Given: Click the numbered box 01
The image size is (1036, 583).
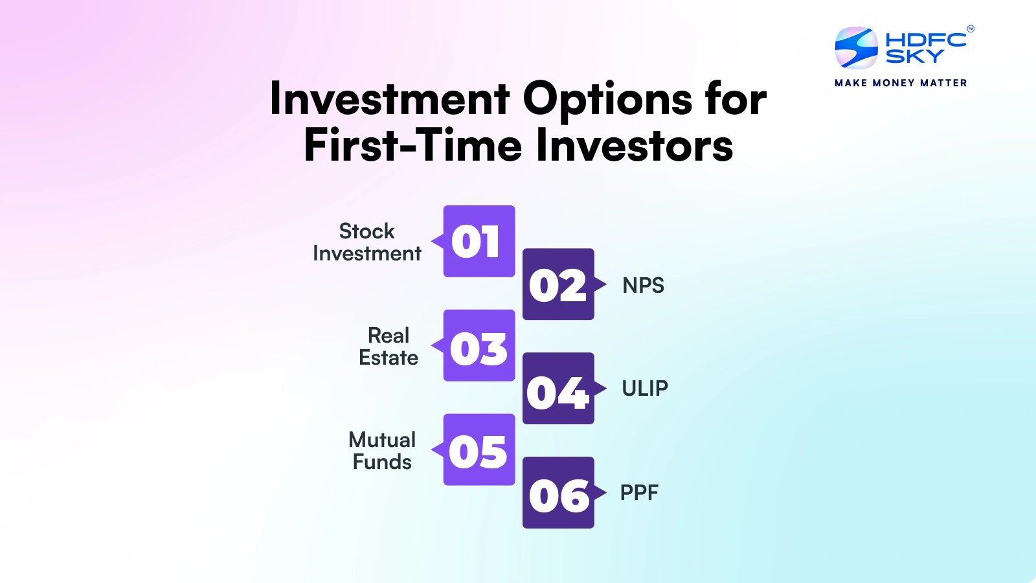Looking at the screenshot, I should click(x=479, y=241).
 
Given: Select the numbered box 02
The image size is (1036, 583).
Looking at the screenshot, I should click(x=557, y=284).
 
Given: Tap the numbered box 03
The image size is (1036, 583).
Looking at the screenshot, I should click(x=479, y=345).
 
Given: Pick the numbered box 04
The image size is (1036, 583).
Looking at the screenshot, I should click(x=557, y=388).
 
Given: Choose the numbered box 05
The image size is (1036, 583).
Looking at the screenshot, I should click(x=479, y=450).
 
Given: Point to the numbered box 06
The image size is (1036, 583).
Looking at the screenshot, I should click(x=557, y=492).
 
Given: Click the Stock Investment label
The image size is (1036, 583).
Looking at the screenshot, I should click(x=366, y=242).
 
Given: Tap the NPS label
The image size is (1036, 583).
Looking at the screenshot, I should click(x=643, y=285).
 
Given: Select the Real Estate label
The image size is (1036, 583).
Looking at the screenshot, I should click(x=388, y=347).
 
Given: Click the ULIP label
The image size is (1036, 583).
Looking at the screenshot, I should click(x=644, y=388).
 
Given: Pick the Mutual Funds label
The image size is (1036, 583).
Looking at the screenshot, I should click(x=382, y=451).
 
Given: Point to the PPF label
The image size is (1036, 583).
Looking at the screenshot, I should click(x=639, y=492).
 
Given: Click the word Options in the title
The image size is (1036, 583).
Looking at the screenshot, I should click(x=607, y=100).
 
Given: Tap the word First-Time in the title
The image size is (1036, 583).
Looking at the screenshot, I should click(x=412, y=145).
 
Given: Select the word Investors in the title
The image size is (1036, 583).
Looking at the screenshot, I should click(x=635, y=145).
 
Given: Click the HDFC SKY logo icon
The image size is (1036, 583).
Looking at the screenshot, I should click(x=856, y=48).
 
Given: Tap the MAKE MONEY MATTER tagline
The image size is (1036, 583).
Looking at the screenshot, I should click(x=901, y=83).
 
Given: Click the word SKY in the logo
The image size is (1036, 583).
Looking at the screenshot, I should click(x=914, y=56).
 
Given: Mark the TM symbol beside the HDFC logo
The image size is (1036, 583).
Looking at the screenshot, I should click(x=970, y=29).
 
